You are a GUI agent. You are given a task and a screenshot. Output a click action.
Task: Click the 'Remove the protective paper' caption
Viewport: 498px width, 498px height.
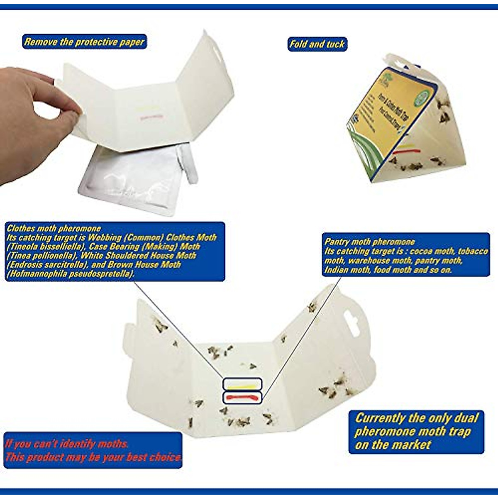84,42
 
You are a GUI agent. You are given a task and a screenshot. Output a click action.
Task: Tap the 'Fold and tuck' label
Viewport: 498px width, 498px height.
317,44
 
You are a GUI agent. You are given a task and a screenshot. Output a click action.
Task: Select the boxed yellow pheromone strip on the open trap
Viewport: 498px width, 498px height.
242,384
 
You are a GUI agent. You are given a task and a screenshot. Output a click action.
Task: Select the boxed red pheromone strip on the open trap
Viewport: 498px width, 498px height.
242,398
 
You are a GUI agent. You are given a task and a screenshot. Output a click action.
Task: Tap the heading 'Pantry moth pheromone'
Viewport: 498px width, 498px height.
369,242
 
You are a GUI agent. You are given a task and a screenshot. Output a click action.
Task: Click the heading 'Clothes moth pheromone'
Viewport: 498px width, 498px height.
54,228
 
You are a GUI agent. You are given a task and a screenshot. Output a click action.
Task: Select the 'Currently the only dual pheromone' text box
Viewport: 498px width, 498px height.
416,432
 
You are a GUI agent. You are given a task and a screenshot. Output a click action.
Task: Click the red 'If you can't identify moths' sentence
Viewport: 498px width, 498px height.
66,444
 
